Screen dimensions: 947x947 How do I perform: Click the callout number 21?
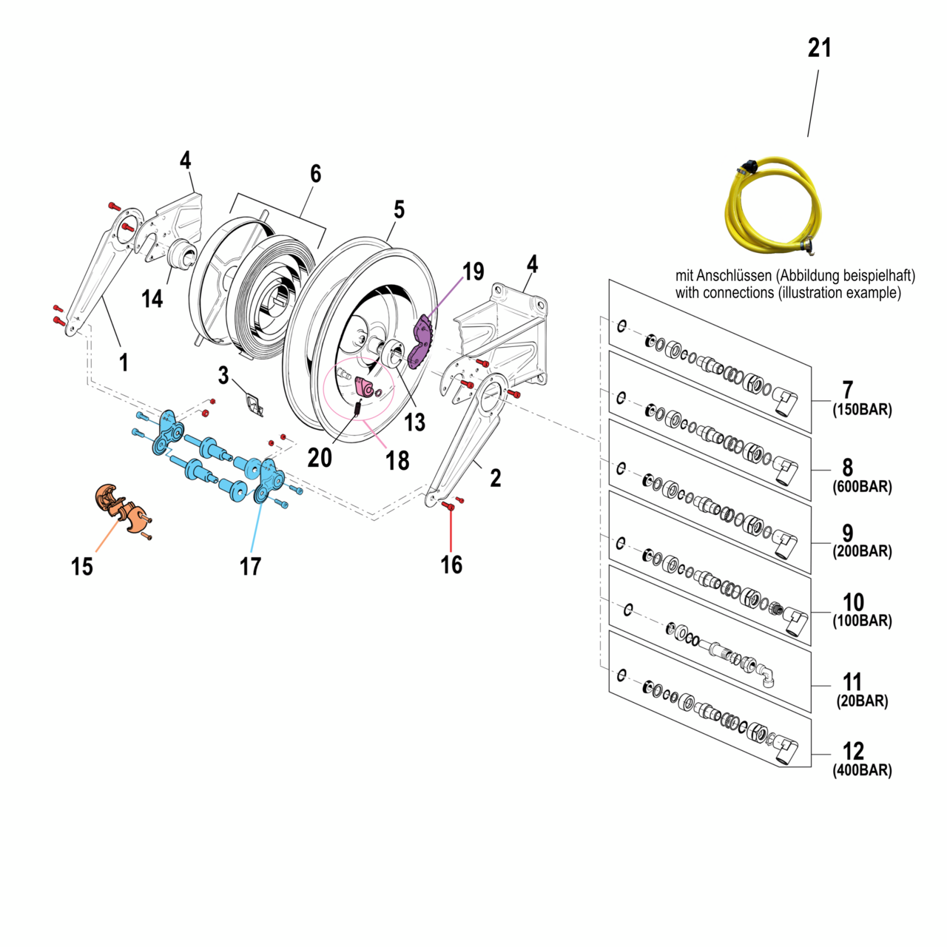[x=819, y=48]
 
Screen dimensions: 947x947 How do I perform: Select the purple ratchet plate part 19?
[x=419, y=343]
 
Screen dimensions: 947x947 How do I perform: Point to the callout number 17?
[x=250, y=566]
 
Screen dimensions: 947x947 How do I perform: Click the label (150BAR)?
[x=862, y=409]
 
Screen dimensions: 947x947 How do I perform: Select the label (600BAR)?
[x=862, y=487]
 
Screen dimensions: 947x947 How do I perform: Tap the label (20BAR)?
[x=862, y=701]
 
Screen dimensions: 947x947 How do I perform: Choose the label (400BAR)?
[x=862, y=770]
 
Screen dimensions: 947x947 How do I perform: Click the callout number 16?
[x=451, y=565]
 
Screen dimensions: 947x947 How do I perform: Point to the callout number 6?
[x=315, y=173]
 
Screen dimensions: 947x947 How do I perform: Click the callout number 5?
[x=399, y=209]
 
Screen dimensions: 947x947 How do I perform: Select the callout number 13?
[x=414, y=422]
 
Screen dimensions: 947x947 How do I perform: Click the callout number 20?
[x=320, y=458]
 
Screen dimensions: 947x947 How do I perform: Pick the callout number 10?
[x=853, y=602]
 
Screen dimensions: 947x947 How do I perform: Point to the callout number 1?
[x=124, y=362]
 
